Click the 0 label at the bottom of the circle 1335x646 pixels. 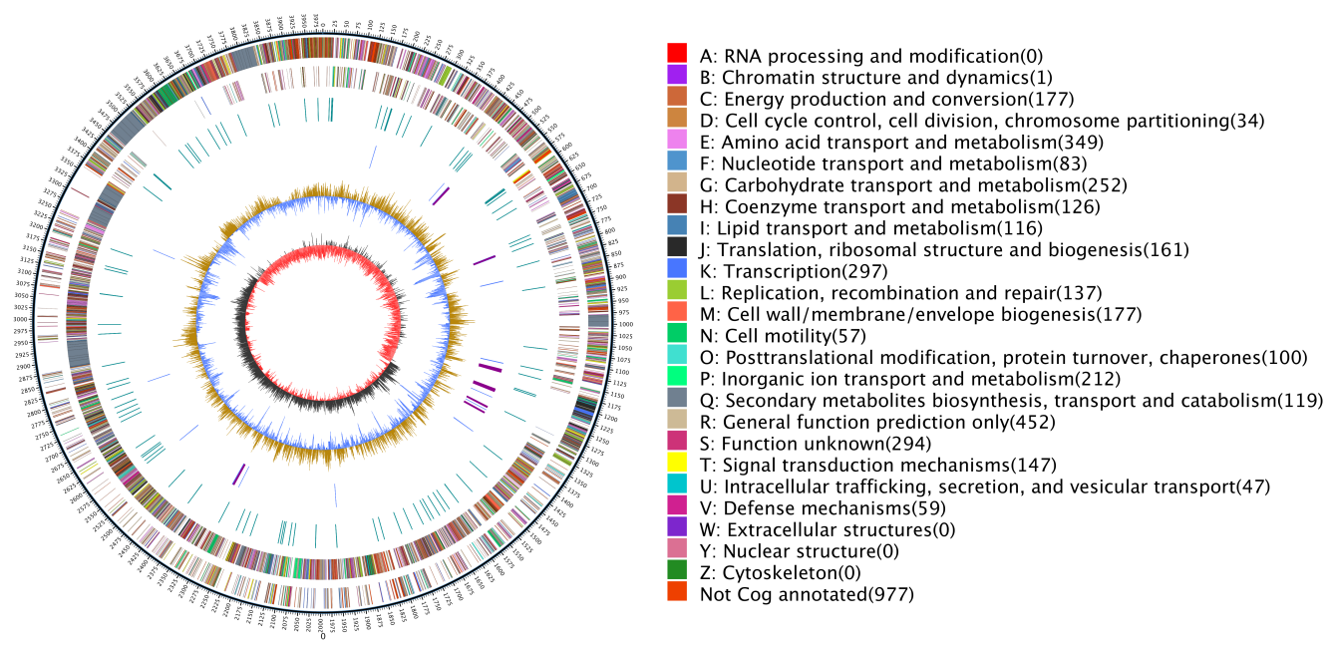coord(322,635)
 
